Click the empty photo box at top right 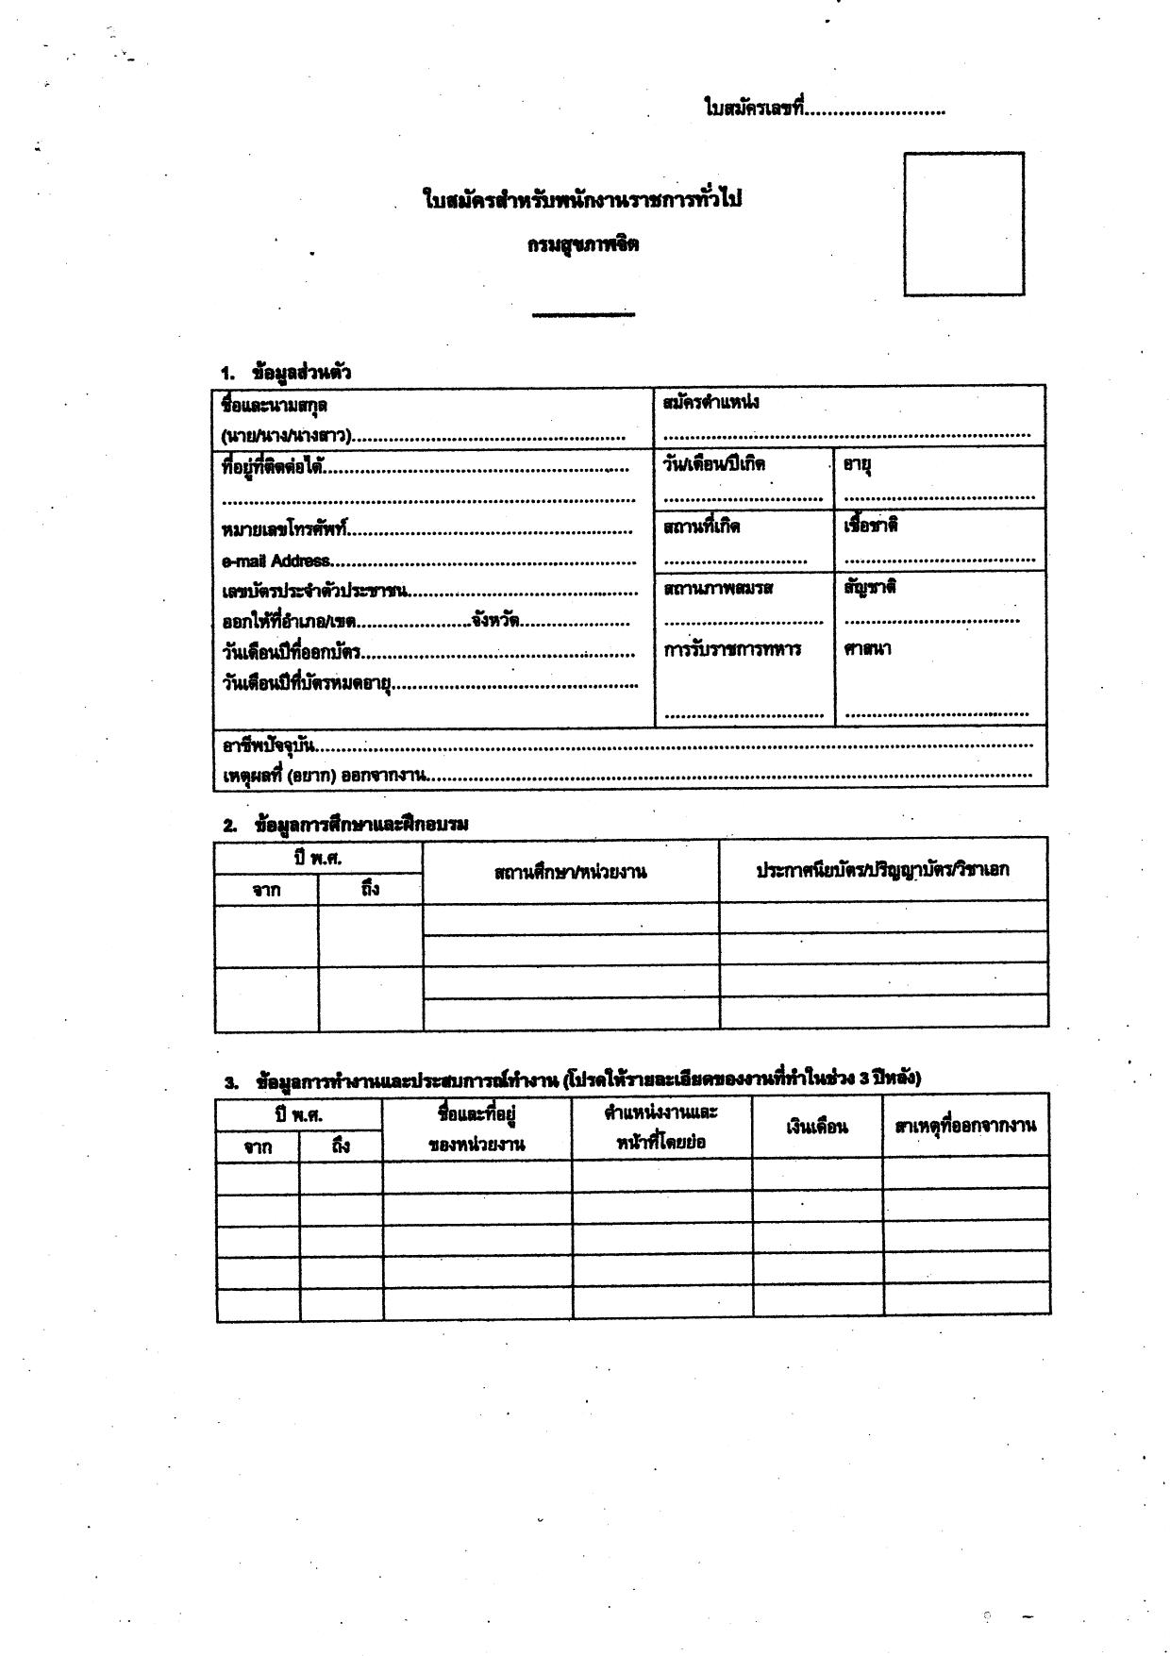(x=963, y=225)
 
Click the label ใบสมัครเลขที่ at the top (x=754, y=109)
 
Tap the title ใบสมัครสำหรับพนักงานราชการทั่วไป (x=582, y=200)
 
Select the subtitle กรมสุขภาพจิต (x=583, y=244)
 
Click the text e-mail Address (x=276, y=561)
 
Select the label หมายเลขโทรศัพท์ (x=285, y=530)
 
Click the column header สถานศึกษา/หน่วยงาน (x=570, y=872)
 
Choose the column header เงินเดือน (x=817, y=1127)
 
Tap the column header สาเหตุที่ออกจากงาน (x=965, y=1125)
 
